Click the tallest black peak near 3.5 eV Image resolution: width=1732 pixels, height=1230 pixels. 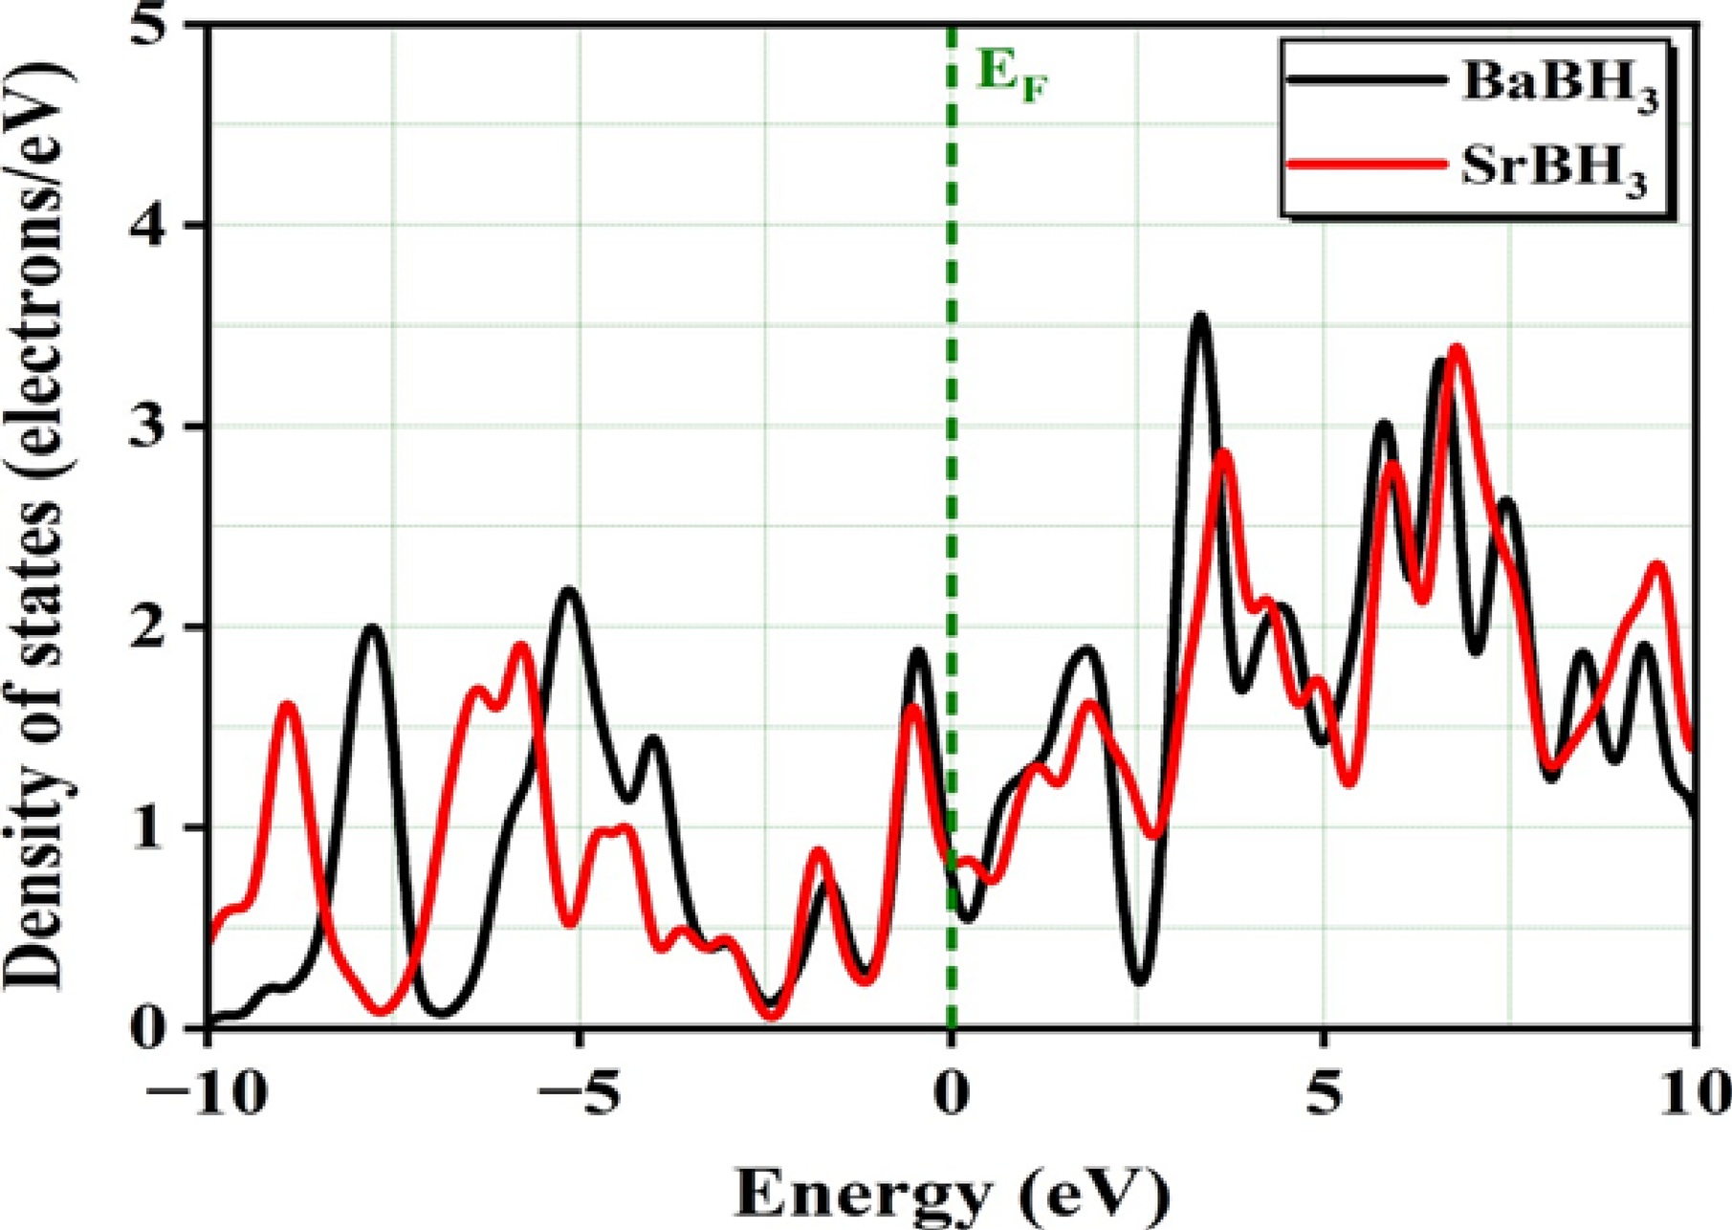[x=1200, y=318]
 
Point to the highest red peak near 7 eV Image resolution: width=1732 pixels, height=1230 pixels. [x=1457, y=349]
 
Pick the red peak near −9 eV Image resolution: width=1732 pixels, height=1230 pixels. [x=288, y=706]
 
